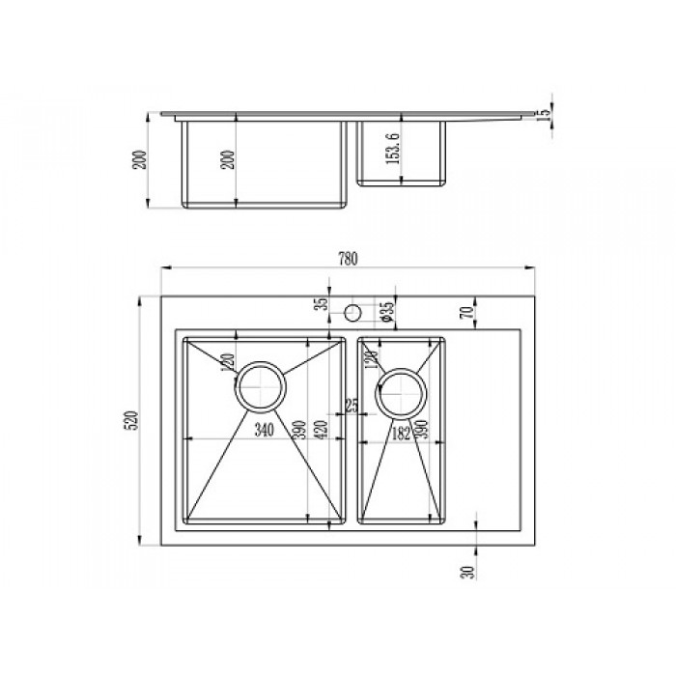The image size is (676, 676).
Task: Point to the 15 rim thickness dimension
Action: (x=543, y=112)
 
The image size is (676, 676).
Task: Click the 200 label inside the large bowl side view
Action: (x=228, y=159)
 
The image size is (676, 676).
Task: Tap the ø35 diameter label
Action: (x=385, y=311)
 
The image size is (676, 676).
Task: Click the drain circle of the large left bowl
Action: (x=260, y=390)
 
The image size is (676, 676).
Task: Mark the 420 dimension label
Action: (x=321, y=430)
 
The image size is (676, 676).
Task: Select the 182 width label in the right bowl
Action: (x=399, y=434)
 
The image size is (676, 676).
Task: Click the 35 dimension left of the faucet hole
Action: (x=323, y=308)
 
